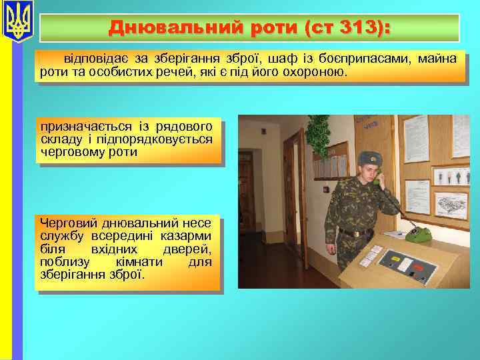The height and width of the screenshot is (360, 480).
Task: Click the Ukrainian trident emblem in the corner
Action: (x=18, y=21)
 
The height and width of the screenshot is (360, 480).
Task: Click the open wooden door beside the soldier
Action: (x=293, y=173)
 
